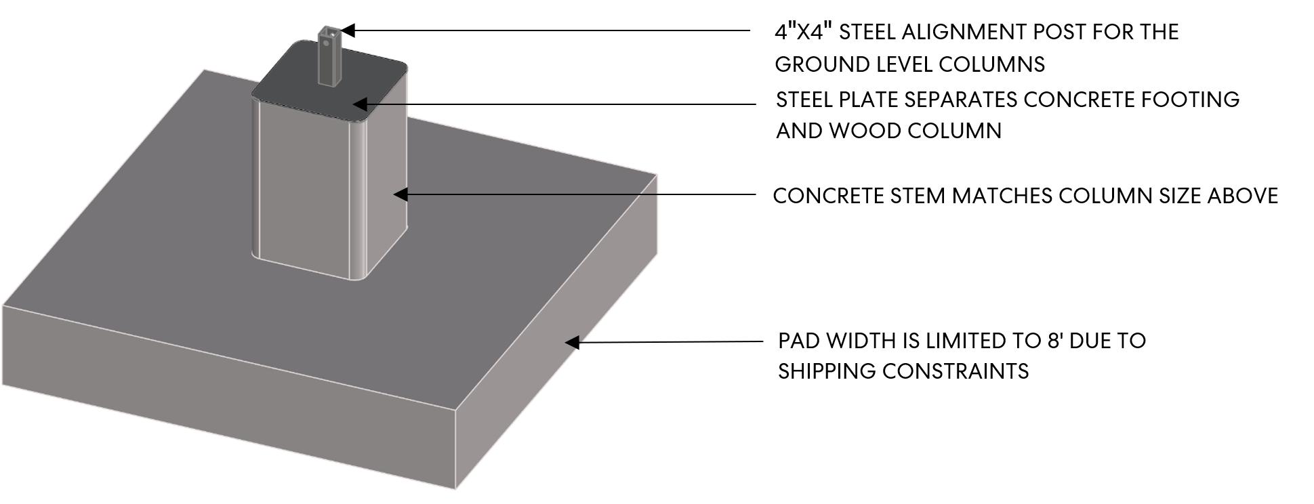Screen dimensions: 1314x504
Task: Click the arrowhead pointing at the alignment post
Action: [x=348, y=30]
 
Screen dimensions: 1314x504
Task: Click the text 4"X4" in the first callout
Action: [x=802, y=32]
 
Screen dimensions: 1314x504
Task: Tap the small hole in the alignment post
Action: [x=326, y=43]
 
